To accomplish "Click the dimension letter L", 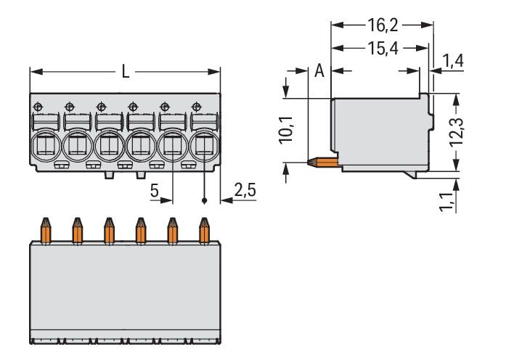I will [126, 72].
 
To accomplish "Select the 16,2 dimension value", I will [381, 26].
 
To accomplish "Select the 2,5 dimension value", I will [245, 191].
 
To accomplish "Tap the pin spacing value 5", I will [155, 191].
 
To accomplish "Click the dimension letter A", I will [319, 71].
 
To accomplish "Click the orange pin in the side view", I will [325, 161].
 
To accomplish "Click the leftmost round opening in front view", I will [45, 146].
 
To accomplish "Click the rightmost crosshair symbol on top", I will [196, 105].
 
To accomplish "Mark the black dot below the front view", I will [205, 201].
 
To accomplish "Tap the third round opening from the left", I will [108, 146].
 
